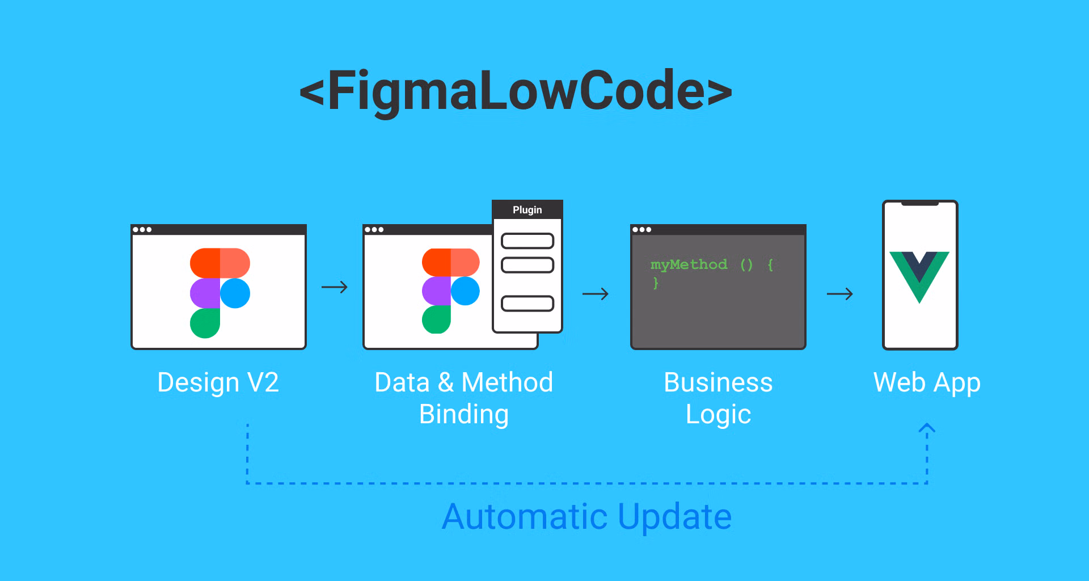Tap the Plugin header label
(527, 210)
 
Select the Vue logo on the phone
(919, 276)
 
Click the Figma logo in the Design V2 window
(220, 293)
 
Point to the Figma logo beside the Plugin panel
(450, 291)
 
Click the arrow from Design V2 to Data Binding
(335, 287)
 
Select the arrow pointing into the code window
(596, 294)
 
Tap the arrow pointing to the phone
(840, 294)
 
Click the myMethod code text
(689, 264)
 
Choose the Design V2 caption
(218, 382)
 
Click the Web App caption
(927, 382)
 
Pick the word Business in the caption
(718, 382)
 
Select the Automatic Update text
(586, 516)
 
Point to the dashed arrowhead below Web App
(927, 429)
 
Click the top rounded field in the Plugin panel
(527, 241)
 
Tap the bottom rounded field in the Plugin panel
(527, 304)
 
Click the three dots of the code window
(641, 230)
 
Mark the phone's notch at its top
(919, 203)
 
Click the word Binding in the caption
(464, 414)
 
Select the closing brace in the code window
(656, 283)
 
